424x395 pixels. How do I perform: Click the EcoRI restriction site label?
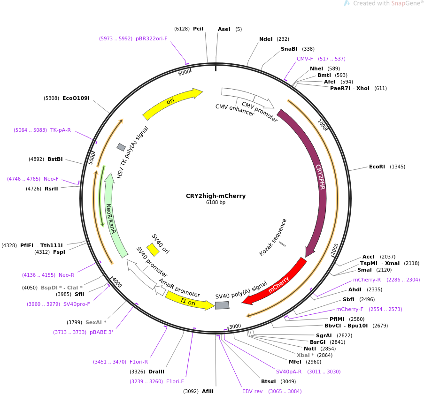[x=377, y=167]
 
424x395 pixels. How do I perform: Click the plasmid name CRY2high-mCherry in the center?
[x=216, y=196]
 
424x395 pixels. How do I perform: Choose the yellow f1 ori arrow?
[x=189, y=300]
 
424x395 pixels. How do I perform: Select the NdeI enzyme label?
[x=266, y=39]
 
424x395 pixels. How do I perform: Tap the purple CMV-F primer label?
[x=305, y=59]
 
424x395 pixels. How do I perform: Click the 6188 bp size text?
[x=216, y=202]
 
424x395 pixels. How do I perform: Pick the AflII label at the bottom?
[x=208, y=391]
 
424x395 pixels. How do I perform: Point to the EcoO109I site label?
[x=76, y=98]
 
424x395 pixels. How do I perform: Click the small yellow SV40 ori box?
[x=153, y=250]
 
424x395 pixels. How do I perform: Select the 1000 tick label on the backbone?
[x=322, y=124]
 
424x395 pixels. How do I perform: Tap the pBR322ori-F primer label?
[x=151, y=38]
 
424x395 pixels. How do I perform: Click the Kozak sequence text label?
[x=272, y=237]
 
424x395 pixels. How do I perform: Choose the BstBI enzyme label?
[x=55, y=159]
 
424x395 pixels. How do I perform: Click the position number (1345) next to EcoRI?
[x=398, y=167]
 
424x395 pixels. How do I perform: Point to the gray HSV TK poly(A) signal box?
[x=121, y=147]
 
